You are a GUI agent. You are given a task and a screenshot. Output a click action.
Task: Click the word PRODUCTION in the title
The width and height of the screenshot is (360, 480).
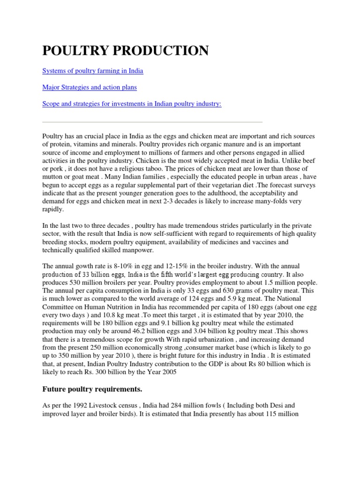point(161,51)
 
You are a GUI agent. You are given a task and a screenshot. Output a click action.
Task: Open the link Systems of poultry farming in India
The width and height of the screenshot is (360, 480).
point(93,71)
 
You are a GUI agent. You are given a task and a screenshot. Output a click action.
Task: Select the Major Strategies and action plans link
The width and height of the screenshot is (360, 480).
point(90,87)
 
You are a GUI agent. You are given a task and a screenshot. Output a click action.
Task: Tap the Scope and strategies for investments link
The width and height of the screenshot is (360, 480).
point(132,104)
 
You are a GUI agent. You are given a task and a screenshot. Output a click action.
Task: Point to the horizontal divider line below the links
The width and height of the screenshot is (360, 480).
point(152,121)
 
